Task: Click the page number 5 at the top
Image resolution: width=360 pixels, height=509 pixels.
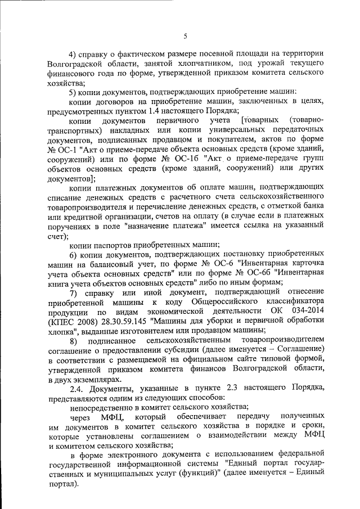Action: coord(185,37)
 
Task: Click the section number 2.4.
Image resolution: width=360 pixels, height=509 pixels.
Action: coord(76,388)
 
